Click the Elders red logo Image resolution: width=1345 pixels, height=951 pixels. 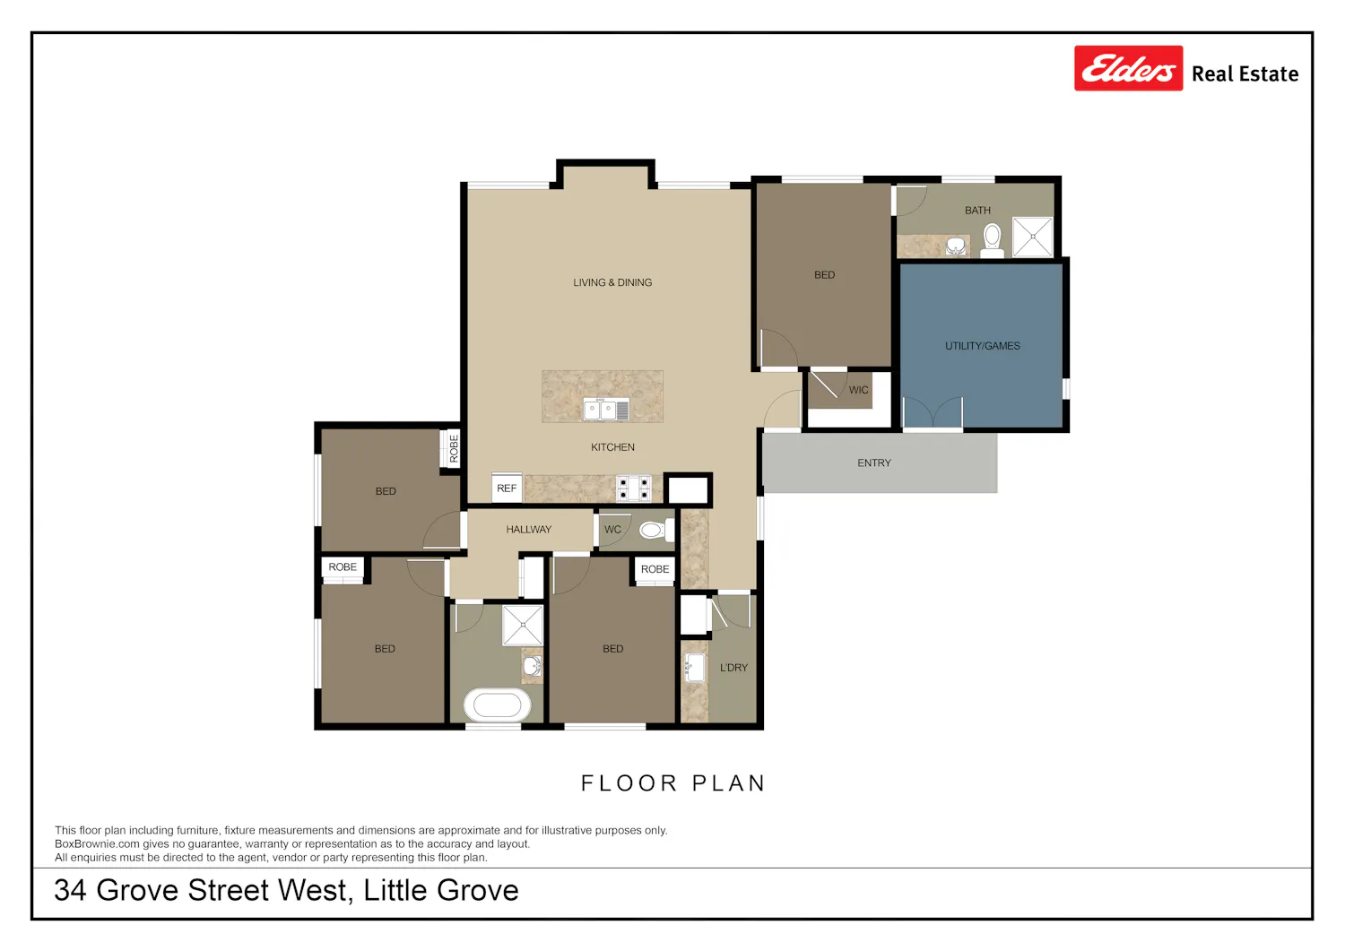(1128, 68)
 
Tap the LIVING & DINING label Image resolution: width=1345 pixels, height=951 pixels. (612, 282)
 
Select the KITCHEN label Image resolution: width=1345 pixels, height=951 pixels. (612, 447)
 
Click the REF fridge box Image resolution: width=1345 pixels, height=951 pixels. (507, 488)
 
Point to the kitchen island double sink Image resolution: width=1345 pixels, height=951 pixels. (606, 410)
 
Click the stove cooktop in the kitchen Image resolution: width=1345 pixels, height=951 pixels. (634, 488)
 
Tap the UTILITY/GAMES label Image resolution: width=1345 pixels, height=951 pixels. (983, 346)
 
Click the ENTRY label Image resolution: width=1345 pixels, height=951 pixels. (874, 463)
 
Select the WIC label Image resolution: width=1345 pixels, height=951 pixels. (859, 390)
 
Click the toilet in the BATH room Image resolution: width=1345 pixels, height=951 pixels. (992, 240)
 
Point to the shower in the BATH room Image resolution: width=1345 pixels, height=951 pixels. (1033, 238)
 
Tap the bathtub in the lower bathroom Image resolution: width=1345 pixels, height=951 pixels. (497, 705)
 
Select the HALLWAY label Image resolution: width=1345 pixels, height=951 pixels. (528, 530)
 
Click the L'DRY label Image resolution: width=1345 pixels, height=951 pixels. (733, 668)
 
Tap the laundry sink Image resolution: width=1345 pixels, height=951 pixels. (695, 669)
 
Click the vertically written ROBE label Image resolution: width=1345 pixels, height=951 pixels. (454, 448)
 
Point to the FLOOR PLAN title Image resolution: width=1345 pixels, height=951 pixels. (673, 783)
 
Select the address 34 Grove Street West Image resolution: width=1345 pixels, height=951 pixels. (201, 890)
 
